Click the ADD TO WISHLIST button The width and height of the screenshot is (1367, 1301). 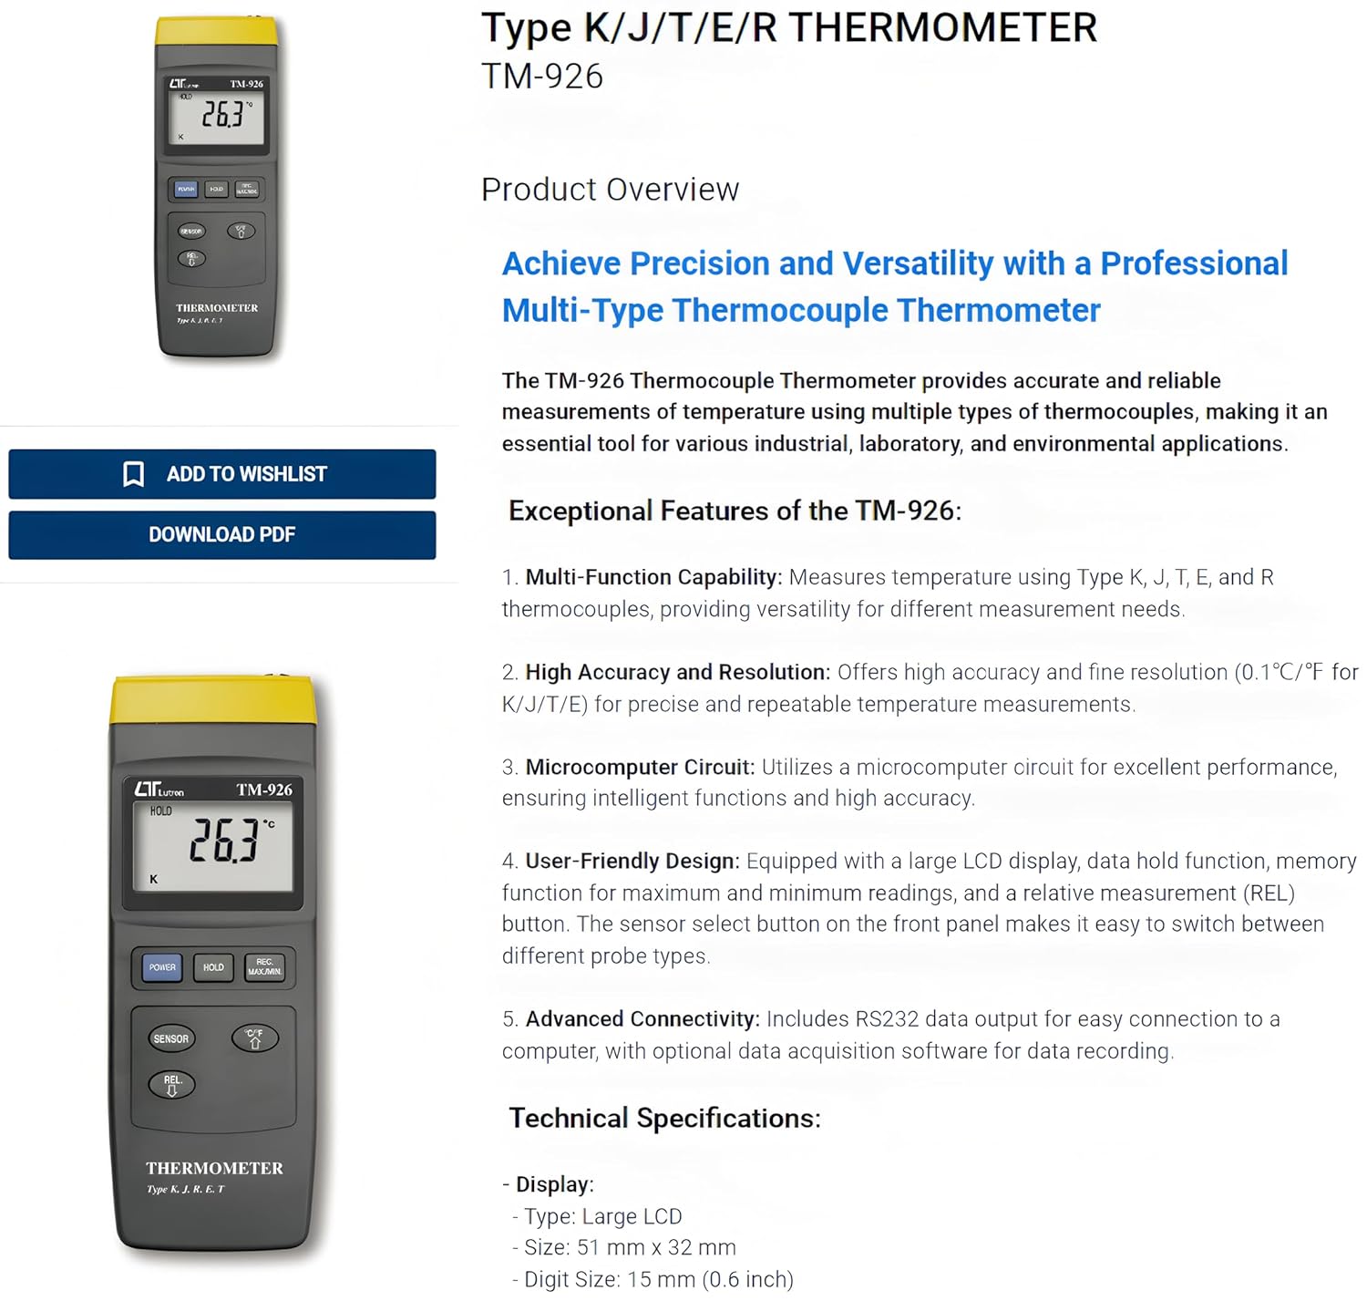point(221,474)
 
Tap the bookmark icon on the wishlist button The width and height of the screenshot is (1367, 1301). point(133,474)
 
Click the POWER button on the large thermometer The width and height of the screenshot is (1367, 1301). point(162,967)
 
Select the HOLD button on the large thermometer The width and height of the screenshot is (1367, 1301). point(213,967)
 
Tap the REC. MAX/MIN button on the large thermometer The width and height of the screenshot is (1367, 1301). point(264,967)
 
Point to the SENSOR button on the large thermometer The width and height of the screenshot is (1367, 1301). point(170,1038)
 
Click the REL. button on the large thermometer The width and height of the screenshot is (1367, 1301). point(172,1084)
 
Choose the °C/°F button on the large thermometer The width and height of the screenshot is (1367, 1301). point(254,1038)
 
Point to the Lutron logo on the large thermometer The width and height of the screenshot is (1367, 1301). point(159,790)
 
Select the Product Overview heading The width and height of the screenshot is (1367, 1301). point(610,190)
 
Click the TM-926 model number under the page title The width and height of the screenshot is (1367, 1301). point(541,77)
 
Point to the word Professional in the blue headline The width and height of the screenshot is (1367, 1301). point(1194,263)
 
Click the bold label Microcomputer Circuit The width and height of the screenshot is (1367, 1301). point(640,767)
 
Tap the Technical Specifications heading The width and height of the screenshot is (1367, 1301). point(664,1118)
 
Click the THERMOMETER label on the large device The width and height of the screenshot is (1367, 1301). point(214,1168)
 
